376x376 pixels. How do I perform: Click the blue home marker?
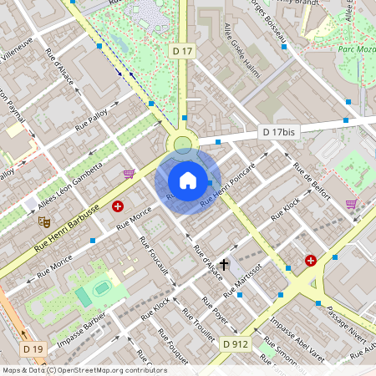click(x=188, y=180)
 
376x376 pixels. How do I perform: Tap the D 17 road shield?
click(x=183, y=52)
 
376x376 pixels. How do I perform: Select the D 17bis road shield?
click(x=278, y=132)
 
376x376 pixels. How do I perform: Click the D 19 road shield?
click(x=33, y=348)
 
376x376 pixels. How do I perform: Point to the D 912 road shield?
click(x=235, y=343)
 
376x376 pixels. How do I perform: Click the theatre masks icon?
click(x=43, y=222)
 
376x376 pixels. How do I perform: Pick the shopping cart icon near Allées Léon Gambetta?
click(x=129, y=174)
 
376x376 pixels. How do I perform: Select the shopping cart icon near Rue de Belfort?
click(x=351, y=203)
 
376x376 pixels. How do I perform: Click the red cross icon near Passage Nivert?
click(x=311, y=261)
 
